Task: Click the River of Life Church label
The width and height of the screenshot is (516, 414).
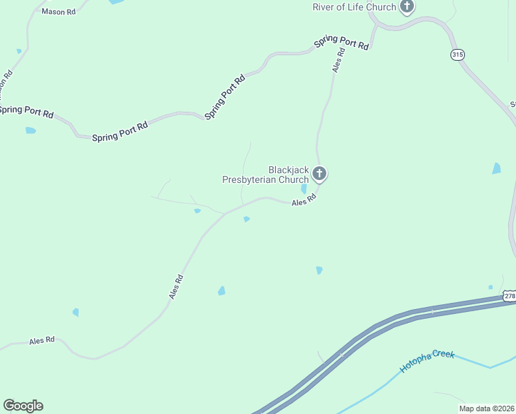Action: click(x=355, y=7)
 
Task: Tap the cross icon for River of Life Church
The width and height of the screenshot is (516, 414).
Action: click(x=407, y=7)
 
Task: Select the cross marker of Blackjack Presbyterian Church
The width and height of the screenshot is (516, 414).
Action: click(x=319, y=172)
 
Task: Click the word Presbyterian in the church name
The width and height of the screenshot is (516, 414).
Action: click(x=248, y=180)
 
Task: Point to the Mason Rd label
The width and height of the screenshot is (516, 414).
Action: click(x=58, y=12)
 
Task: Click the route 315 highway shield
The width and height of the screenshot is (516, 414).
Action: click(x=457, y=55)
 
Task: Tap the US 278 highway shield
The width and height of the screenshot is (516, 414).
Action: click(x=509, y=296)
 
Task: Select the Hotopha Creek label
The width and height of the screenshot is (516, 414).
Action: click(x=427, y=362)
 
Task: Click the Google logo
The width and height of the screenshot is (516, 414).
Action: click(x=23, y=405)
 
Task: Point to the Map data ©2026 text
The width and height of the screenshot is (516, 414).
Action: click(x=486, y=408)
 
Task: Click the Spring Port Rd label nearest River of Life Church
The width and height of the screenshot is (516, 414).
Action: click(x=341, y=43)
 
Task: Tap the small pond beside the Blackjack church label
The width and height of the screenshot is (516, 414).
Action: click(x=304, y=188)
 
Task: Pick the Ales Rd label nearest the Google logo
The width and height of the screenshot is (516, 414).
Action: click(x=41, y=341)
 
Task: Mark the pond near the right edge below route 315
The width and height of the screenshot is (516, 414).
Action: click(x=497, y=168)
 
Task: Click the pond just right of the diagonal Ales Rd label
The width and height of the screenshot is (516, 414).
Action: click(x=221, y=290)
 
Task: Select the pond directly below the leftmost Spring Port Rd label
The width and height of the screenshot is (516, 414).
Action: click(x=30, y=130)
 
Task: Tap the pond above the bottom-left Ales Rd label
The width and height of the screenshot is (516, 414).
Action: click(x=75, y=313)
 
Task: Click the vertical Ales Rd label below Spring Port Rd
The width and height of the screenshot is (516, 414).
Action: click(x=338, y=61)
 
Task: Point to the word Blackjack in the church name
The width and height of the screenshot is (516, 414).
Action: click(x=288, y=170)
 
